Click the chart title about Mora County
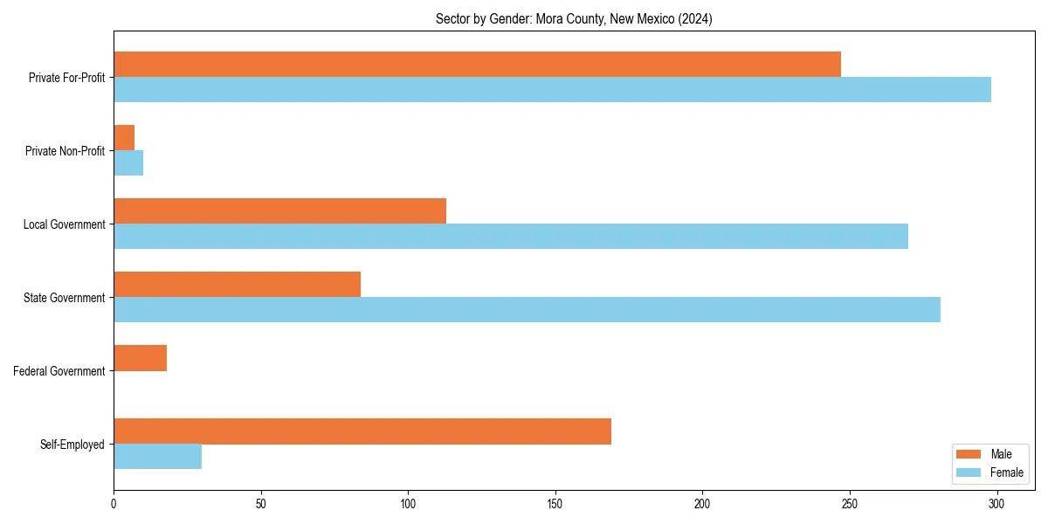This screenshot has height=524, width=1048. click(574, 19)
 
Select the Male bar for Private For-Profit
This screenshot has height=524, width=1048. click(477, 65)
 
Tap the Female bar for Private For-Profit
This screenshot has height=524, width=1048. click(552, 90)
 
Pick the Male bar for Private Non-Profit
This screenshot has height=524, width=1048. click(124, 138)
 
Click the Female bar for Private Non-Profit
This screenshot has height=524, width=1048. click(128, 163)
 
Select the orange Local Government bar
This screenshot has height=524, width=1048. click(279, 211)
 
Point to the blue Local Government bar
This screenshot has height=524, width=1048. click(511, 237)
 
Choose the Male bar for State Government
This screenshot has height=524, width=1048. click(237, 285)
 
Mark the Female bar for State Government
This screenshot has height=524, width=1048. click(527, 310)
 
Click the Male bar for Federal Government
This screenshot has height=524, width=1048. click(140, 358)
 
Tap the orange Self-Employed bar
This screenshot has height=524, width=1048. click(362, 431)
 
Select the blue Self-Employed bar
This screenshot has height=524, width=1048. click(157, 457)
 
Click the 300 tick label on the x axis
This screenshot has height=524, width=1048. click(996, 504)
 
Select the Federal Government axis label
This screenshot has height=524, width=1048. click(59, 371)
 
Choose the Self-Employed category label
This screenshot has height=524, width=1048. click(72, 445)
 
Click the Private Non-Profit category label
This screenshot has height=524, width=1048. click(65, 151)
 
